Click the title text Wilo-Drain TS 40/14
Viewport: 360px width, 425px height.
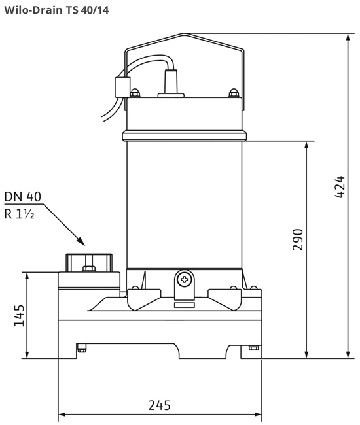(x=56, y=10)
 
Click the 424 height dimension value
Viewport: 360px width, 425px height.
(x=340, y=187)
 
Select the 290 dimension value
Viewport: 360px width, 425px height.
(x=298, y=239)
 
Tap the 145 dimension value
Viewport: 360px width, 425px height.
(x=19, y=316)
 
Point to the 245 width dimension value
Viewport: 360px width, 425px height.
(x=160, y=405)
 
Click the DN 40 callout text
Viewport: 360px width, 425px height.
(x=23, y=197)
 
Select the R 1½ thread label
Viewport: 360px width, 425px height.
(x=19, y=214)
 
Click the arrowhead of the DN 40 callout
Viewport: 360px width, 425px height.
(x=81, y=241)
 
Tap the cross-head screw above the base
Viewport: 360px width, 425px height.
(x=184, y=279)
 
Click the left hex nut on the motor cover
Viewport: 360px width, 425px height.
(x=135, y=93)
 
